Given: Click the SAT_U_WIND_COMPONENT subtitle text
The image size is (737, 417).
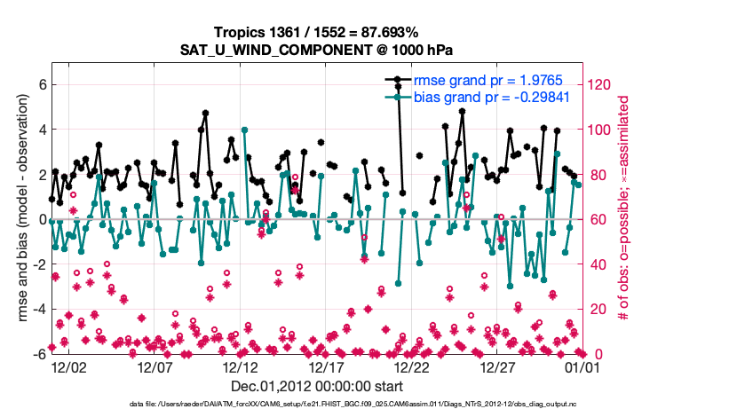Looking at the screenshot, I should pos(318,50).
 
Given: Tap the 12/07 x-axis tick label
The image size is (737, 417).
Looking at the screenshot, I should pos(154,366).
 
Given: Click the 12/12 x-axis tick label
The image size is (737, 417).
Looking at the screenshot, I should pos(240,366).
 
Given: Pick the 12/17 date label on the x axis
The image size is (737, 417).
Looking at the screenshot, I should pos(325,366).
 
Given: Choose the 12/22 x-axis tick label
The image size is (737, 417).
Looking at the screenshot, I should pos(411,366).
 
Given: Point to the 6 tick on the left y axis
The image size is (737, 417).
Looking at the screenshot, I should pos(41,85).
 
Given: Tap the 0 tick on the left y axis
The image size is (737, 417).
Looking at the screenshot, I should pos(41,219).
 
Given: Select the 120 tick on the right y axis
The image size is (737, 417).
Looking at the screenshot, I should pos(600,85).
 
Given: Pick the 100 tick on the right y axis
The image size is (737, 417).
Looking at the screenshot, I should pos(600,130).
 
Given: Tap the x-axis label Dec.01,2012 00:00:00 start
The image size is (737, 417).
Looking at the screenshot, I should pos(317,386).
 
